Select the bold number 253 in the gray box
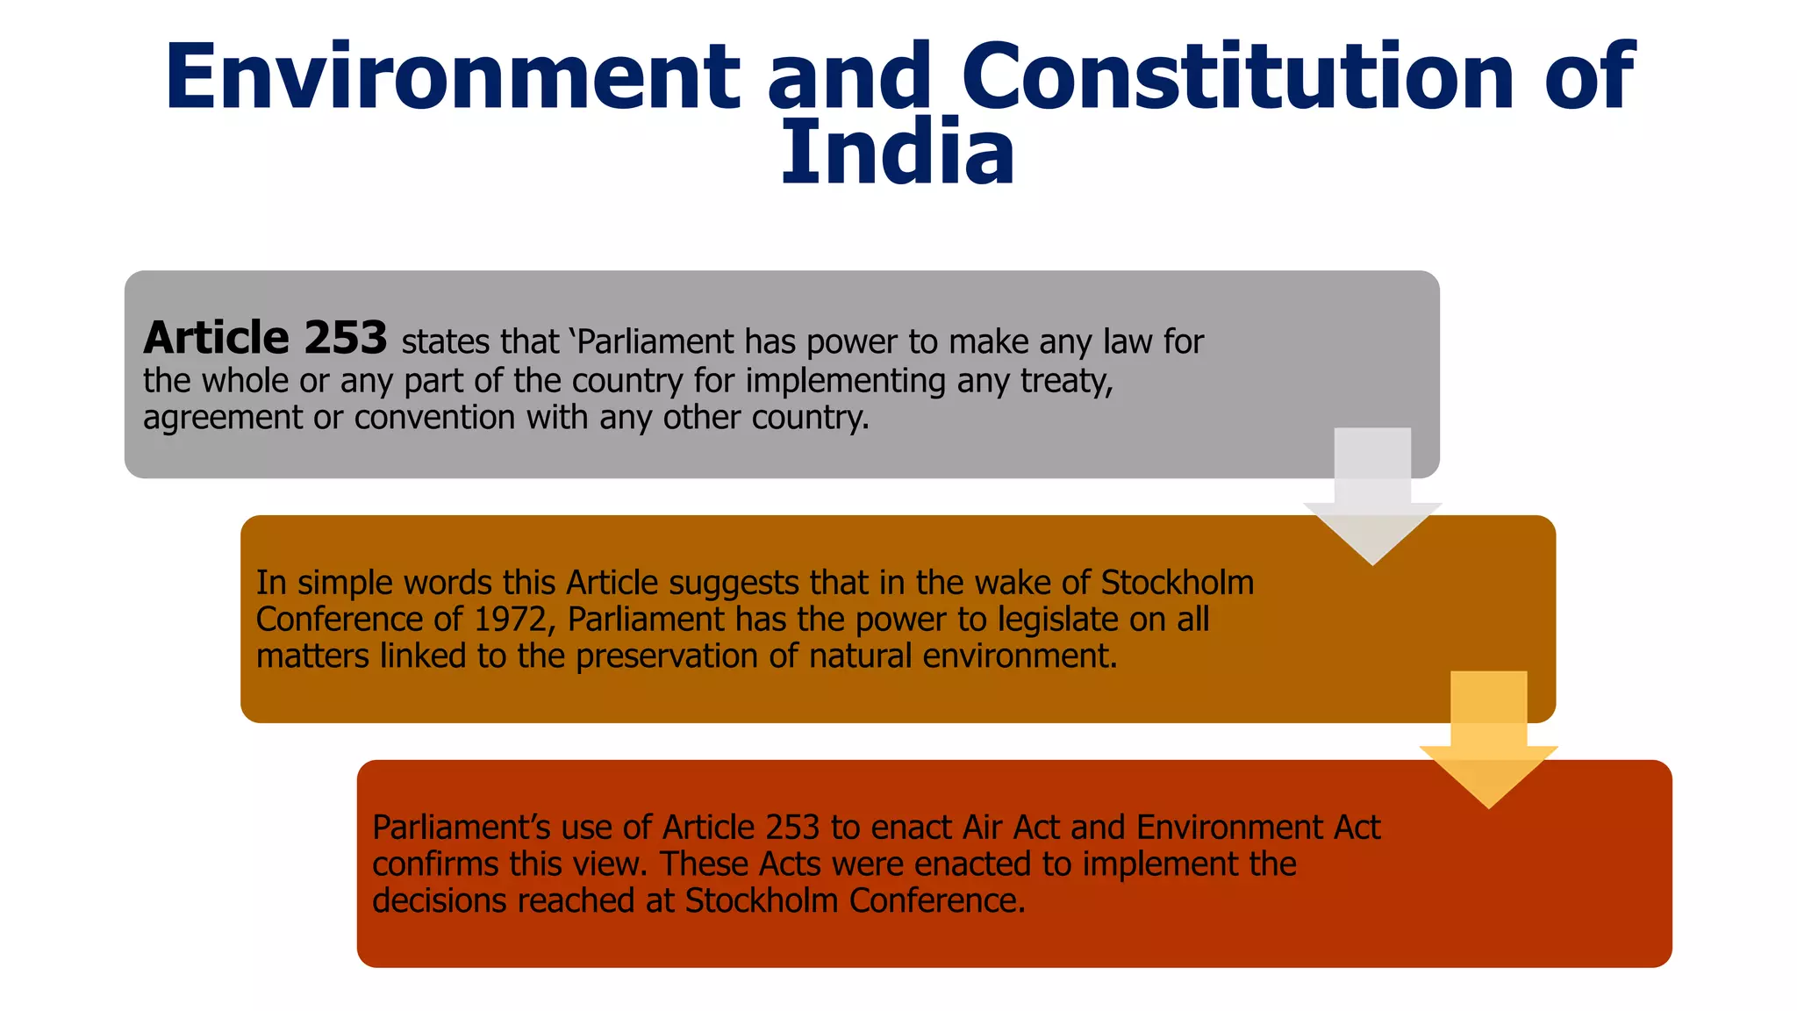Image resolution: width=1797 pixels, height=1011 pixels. [346, 338]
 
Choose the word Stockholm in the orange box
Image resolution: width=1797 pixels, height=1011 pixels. [1178, 583]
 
